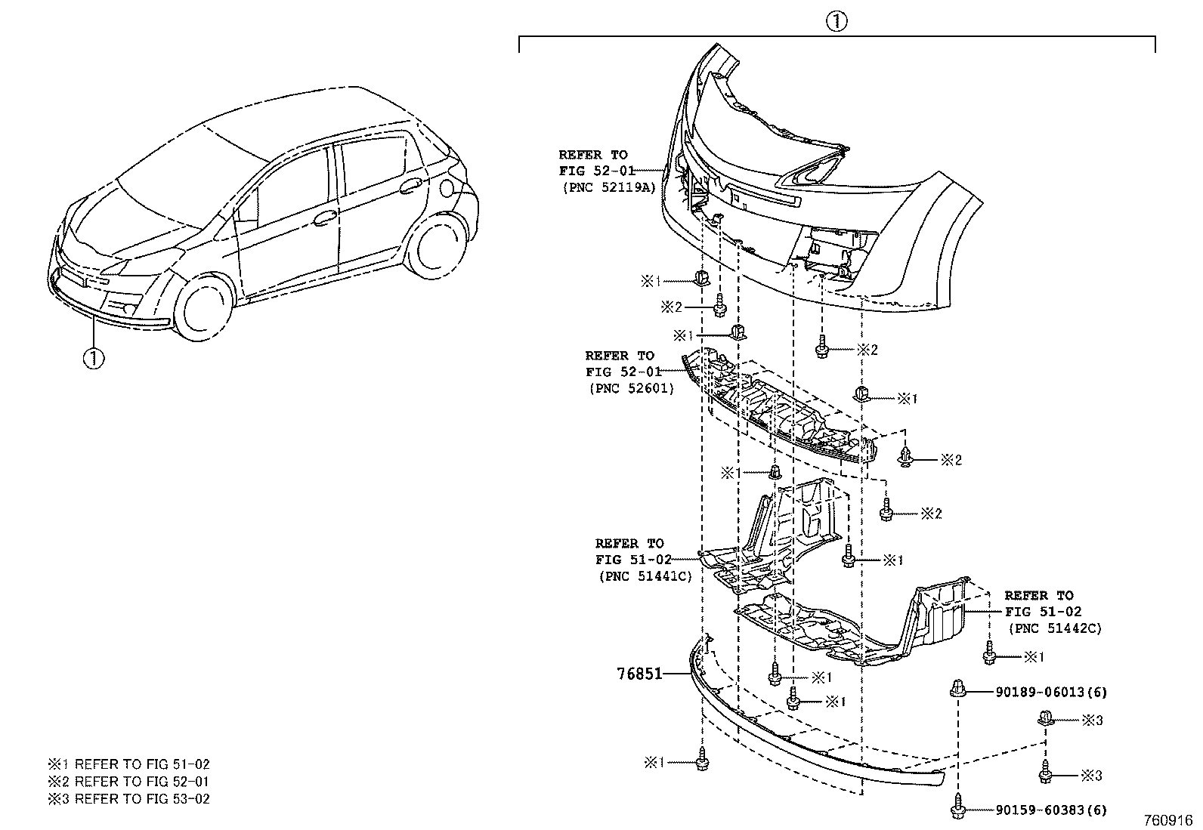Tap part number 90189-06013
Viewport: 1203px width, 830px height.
1039,692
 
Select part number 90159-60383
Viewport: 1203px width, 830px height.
1039,810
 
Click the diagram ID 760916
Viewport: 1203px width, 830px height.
1167,820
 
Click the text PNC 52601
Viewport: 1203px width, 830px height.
629,388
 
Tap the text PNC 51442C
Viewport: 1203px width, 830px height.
1054,628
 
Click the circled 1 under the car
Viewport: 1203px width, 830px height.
93,357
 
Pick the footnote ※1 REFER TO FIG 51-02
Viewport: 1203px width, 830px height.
128,764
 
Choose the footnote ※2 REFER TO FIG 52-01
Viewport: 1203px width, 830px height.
128,782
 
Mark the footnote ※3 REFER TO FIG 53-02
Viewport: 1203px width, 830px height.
128,799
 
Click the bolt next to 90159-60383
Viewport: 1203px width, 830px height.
958,807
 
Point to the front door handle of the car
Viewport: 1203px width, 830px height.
325,218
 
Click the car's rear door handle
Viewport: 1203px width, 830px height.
410,185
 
